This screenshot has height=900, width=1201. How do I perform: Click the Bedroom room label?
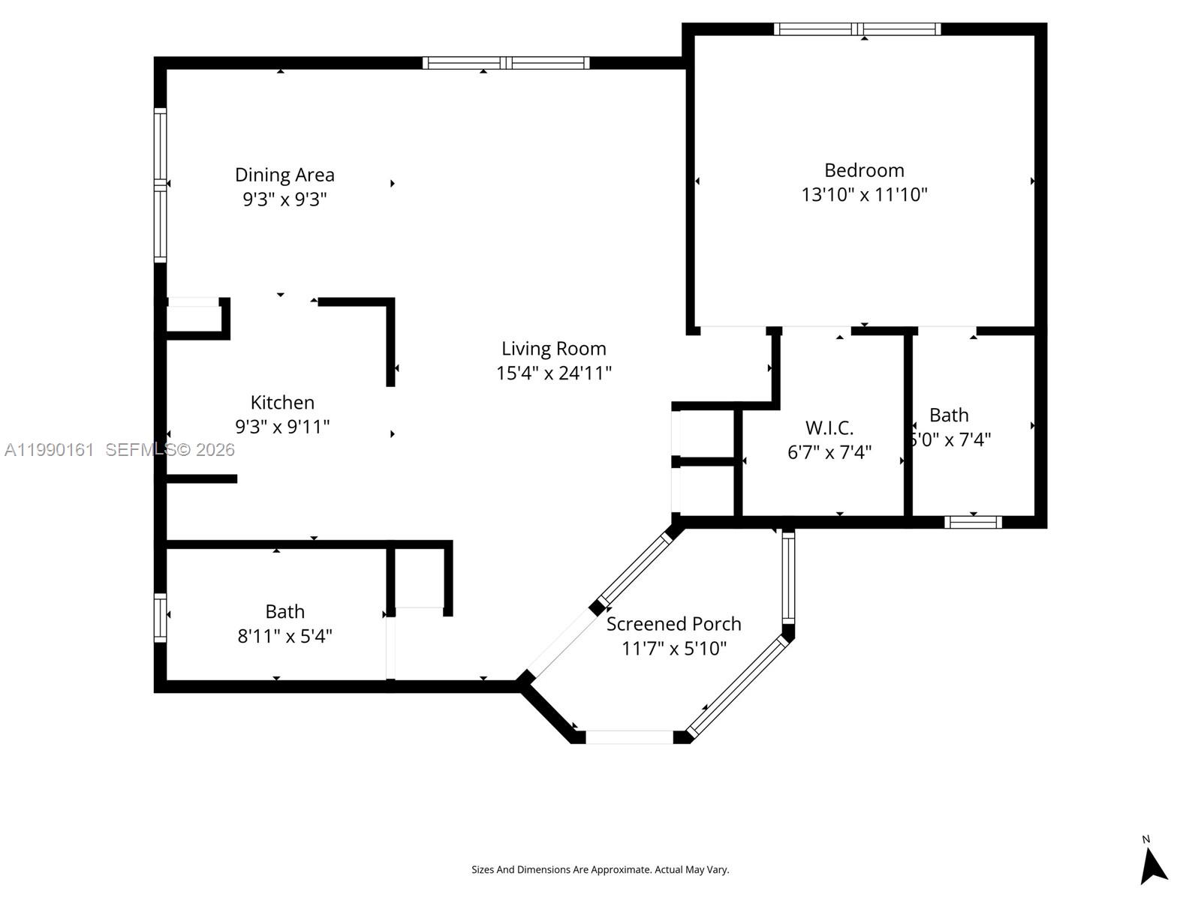tap(864, 170)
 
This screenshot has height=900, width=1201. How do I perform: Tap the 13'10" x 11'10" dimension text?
tap(864, 194)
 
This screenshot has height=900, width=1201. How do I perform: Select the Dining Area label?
tap(284, 175)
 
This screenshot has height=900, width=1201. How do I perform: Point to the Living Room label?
tap(554, 349)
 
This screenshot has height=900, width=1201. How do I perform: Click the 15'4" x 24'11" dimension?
tap(554, 373)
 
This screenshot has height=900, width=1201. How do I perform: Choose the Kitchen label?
tap(282, 403)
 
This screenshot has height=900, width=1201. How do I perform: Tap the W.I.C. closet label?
tap(829, 428)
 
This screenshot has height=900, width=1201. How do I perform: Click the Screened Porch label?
tap(673, 624)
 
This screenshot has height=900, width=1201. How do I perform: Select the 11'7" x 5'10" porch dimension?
tap(673, 648)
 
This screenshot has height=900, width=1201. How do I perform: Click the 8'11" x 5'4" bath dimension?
tap(284, 636)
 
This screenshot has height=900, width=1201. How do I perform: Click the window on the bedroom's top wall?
tap(857, 29)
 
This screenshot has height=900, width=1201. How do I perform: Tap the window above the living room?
tap(506, 63)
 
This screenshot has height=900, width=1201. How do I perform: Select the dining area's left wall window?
tap(160, 184)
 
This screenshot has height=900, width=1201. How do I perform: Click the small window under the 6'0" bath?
tap(973, 522)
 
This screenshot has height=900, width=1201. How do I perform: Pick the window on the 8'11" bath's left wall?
tap(160, 617)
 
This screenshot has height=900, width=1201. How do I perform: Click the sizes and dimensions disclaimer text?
tap(600, 870)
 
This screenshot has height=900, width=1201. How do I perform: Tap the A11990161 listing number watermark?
tap(50, 449)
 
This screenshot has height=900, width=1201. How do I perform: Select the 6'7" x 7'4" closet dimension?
tap(829, 452)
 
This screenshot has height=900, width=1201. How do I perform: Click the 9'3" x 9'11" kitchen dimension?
tap(282, 427)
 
